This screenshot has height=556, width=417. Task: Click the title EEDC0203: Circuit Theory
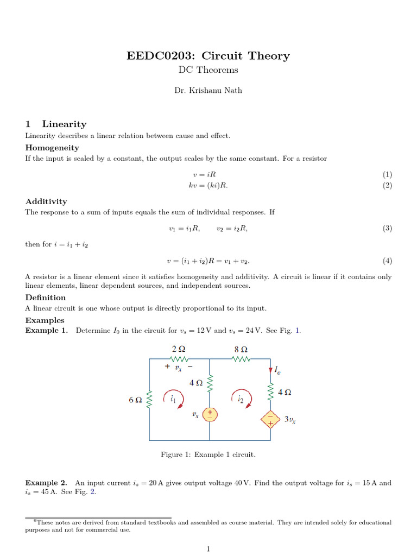pos(208,56)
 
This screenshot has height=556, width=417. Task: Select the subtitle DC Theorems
pos(208,70)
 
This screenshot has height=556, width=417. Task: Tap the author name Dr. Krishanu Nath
pos(208,91)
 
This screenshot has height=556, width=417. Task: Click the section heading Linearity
pos(64,124)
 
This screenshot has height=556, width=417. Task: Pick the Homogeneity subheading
pos(52,148)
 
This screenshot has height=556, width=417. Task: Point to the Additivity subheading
pos(46,201)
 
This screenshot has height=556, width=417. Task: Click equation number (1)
pos(387,175)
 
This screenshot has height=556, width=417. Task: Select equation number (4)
pos(387,261)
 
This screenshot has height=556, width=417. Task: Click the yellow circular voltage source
pos(210,415)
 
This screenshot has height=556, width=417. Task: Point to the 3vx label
pos(290,420)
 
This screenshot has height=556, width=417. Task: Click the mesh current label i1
pos(173,399)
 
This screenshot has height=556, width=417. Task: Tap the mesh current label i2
pos(241,399)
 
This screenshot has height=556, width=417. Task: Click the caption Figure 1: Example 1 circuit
pos(208,454)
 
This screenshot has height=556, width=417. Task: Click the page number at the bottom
pos(208,549)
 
